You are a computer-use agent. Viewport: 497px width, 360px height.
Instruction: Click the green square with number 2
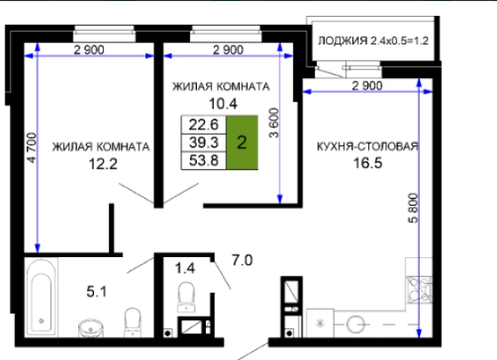click(241, 143)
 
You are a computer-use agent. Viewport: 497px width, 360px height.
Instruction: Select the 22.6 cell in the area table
click(203, 125)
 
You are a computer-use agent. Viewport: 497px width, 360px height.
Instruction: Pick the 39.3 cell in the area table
click(203, 143)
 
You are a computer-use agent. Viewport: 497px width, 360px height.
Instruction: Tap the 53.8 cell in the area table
click(203, 160)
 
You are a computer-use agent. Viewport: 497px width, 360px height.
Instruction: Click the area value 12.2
click(103, 164)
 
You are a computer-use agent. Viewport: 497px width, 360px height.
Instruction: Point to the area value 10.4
click(223, 104)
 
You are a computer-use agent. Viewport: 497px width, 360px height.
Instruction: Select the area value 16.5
click(367, 163)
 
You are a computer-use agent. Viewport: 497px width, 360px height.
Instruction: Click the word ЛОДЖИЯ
click(343, 41)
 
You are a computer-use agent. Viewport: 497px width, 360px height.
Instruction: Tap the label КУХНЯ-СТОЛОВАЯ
click(367, 146)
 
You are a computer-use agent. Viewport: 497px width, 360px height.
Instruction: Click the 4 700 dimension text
click(32, 148)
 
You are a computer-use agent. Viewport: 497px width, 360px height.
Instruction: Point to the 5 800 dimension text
click(414, 208)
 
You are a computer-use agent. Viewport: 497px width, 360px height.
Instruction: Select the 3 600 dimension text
click(274, 123)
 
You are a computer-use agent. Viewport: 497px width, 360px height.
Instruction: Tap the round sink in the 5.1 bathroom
click(91, 328)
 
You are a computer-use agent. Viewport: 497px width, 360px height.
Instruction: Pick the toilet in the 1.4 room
click(186, 297)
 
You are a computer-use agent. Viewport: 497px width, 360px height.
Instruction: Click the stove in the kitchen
click(419, 290)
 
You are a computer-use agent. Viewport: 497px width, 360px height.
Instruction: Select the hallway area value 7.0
click(242, 261)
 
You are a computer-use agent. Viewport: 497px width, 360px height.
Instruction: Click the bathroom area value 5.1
click(97, 292)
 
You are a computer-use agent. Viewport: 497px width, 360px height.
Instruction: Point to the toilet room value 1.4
click(185, 269)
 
